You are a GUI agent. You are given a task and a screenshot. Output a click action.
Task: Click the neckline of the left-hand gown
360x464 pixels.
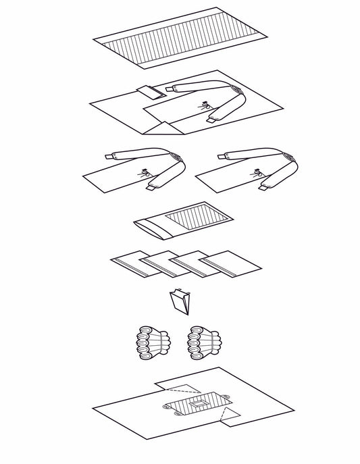[180, 160]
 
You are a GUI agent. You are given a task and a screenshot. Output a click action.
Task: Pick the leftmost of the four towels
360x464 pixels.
[134, 263]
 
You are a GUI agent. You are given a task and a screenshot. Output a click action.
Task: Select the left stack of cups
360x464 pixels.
[149, 343]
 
